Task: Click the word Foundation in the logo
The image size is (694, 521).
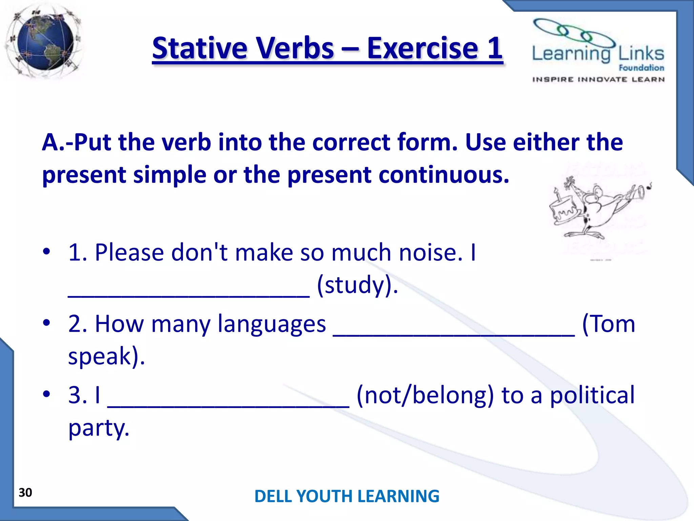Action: point(641,68)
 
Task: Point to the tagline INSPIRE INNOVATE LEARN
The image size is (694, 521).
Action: point(598,80)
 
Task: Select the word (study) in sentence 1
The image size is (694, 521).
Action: point(358,285)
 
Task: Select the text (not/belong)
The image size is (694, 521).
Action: point(425,395)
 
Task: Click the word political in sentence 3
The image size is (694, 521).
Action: point(592,395)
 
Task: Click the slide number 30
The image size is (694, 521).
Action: point(25,493)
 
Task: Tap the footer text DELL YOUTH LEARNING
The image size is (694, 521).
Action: point(347,496)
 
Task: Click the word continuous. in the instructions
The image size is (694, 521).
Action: point(444,175)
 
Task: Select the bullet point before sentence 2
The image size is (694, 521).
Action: point(46,323)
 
